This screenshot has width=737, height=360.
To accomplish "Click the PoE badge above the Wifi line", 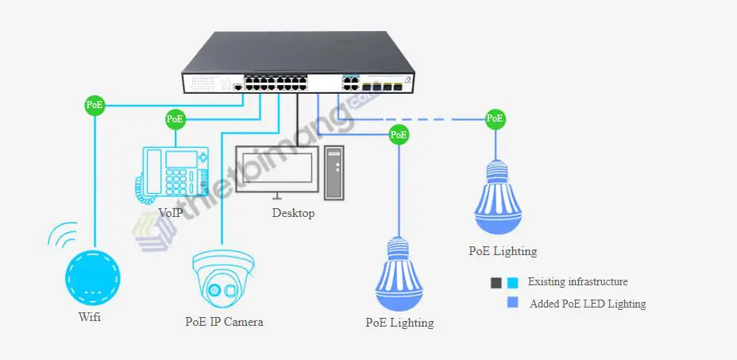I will pos(95,104).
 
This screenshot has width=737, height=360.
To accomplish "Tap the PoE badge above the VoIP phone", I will pos(176,120).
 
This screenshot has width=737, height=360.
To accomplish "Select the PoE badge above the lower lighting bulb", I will pos(399,135).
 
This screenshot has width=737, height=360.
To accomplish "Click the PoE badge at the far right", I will pos(496,119).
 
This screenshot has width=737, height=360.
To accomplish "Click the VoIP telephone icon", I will pos(172,171).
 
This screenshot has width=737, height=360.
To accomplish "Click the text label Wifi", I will pos(90,318).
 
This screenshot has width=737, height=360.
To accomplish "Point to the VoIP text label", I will pos(170,213).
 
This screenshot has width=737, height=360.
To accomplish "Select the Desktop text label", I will pos(293,213).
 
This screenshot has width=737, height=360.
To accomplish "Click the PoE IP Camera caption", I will pos(223,322).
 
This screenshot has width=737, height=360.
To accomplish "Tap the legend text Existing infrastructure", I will pos(577,281).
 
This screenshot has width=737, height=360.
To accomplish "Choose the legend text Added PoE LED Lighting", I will pos(588,304).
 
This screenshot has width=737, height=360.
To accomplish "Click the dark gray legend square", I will pos(496,282).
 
